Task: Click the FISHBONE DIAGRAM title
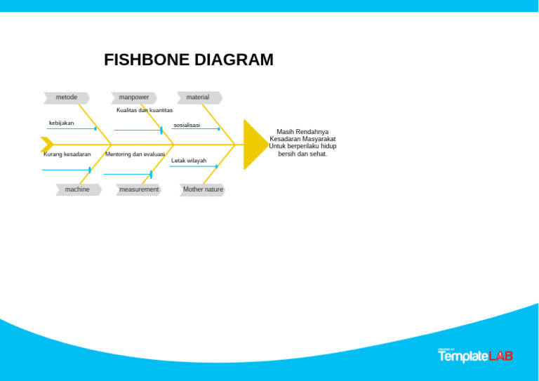[x=188, y=60]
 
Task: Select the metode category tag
[x=67, y=98]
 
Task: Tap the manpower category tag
[x=133, y=98]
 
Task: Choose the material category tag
[x=199, y=98]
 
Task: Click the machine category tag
[x=78, y=189]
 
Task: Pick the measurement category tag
[x=139, y=189]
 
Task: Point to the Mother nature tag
[x=203, y=189]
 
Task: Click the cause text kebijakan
[x=61, y=123]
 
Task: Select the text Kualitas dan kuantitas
[x=145, y=110]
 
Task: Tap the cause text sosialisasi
[x=187, y=126]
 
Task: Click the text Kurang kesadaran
[x=67, y=154]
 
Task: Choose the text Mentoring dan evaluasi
[x=135, y=154]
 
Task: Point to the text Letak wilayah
[x=189, y=161]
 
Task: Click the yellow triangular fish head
[x=253, y=145]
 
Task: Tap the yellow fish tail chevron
[x=47, y=145]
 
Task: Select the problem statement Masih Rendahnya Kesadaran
[x=302, y=142]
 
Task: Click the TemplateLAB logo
[x=475, y=356]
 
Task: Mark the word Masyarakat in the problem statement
[x=319, y=139]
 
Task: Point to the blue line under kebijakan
[x=71, y=129]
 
